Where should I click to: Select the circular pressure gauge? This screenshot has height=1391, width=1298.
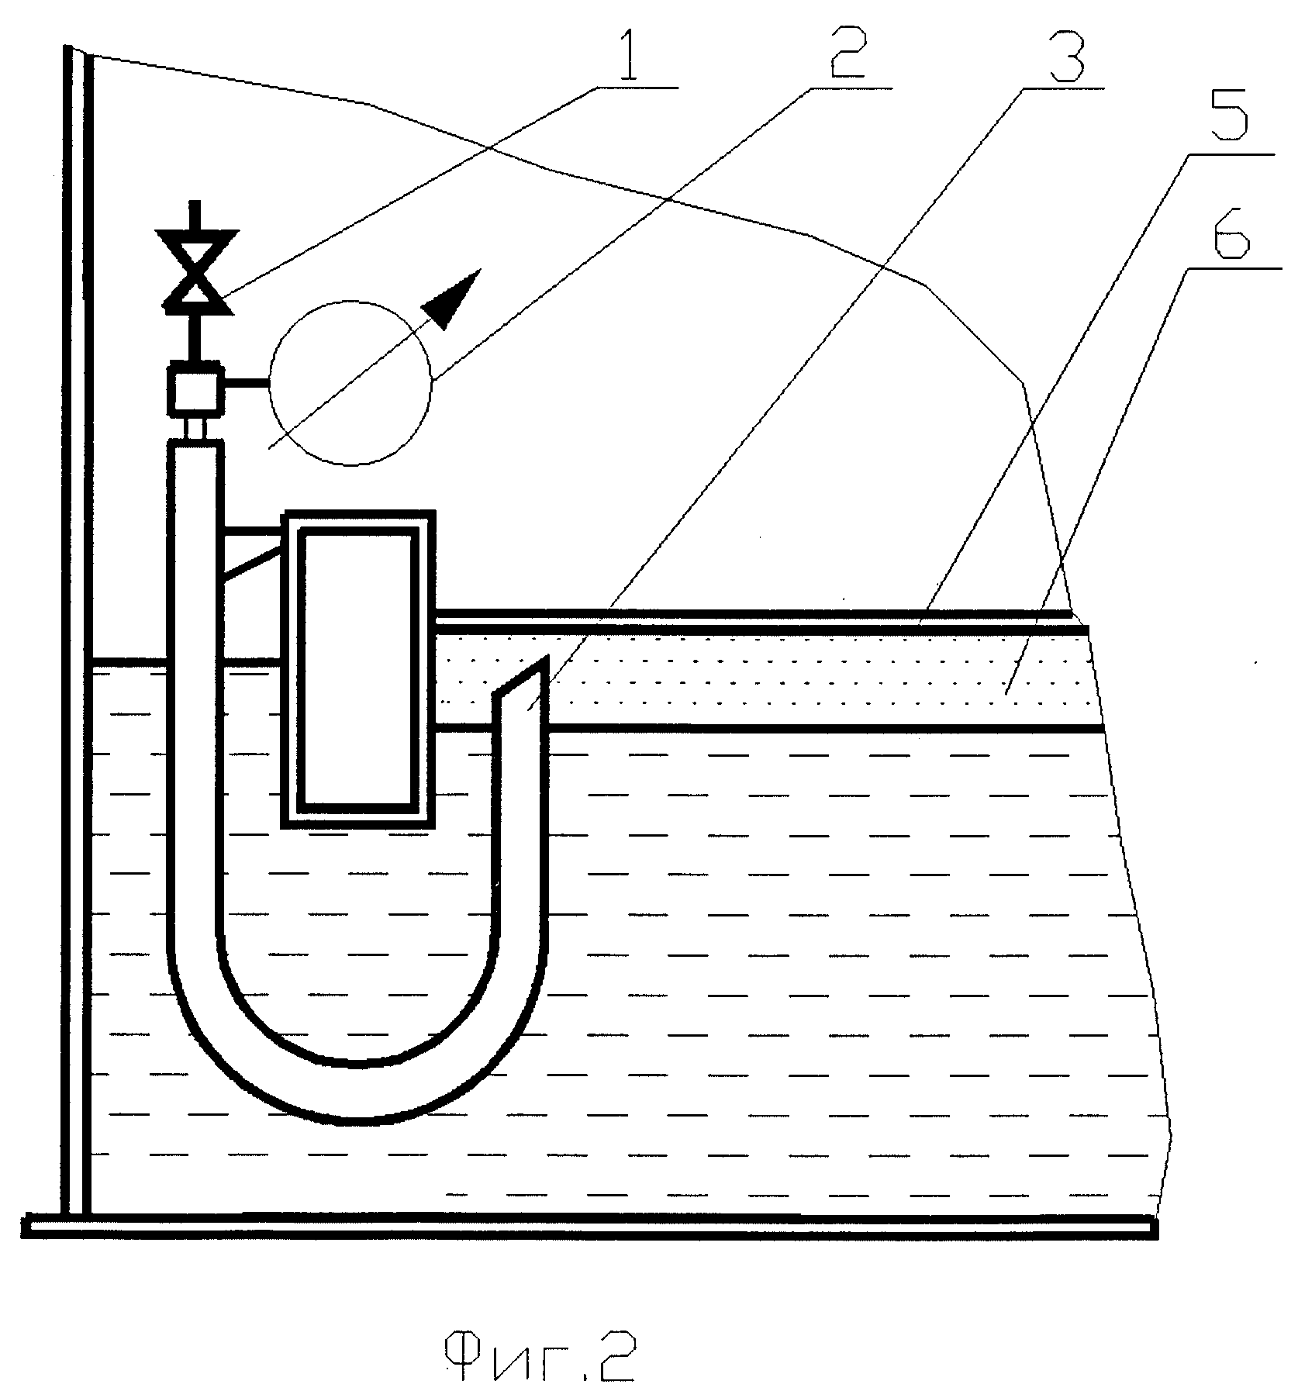pos(350,382)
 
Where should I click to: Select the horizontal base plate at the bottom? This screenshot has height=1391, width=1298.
pos(590,1228)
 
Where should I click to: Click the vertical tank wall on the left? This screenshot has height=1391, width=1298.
pos(78,632)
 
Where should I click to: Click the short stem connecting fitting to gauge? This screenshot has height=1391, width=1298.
pos(247,382)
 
